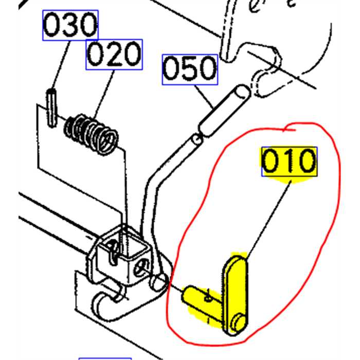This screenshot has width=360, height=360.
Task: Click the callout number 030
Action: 70,25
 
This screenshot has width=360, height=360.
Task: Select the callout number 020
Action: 114,55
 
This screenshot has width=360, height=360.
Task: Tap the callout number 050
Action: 190,69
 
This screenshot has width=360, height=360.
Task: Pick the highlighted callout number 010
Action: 289,161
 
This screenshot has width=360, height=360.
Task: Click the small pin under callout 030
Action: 51,108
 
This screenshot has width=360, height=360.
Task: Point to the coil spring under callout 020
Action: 91,134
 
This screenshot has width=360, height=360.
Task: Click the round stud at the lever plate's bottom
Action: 239,322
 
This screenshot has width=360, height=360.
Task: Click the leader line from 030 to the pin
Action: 61,65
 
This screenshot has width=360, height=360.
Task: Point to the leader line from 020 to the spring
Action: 104,94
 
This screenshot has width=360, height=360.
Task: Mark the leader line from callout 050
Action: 204,97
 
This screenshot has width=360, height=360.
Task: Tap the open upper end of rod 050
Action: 242,91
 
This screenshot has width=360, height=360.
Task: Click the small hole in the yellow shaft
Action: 208,299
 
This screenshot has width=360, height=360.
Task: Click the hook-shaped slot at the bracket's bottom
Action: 105,303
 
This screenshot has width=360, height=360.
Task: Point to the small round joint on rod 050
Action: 197,139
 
